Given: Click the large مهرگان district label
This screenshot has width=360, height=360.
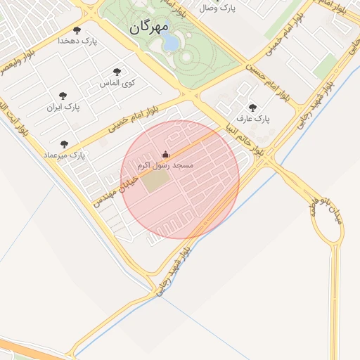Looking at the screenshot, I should point(150,27).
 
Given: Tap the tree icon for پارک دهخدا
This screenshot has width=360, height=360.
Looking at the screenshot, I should point(77,30).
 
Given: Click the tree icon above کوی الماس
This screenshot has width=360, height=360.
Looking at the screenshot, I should point(117,72).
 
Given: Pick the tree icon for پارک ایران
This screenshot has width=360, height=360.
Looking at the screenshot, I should point(63,96).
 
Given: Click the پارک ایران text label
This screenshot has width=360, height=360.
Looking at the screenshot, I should point(63,108).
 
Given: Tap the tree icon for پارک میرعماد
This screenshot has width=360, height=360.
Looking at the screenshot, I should point(64,143).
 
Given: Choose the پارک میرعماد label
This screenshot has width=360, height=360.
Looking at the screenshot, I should point(63,154).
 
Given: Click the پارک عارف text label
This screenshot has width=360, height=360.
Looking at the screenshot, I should point(252,119).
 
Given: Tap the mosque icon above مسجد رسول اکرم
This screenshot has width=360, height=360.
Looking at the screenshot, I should point(166,155).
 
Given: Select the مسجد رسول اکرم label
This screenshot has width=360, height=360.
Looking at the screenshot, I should point(167,165).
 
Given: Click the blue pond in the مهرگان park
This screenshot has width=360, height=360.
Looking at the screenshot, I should point(171,44).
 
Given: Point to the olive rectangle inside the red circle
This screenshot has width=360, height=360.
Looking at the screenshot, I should point(155,181).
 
